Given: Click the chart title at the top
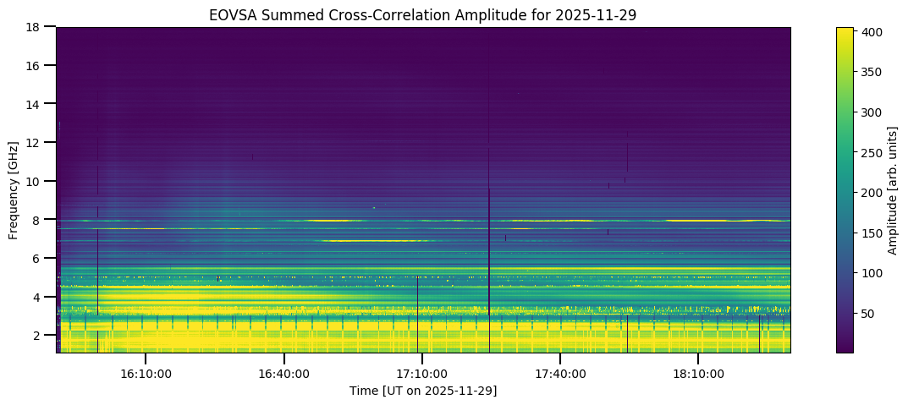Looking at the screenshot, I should point(423,14).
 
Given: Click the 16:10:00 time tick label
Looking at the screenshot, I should point(146,373).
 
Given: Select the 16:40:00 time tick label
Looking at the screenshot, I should point(283,373).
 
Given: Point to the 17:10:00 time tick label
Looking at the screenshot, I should point(421,373).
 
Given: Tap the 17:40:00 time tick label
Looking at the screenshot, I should point(559,373).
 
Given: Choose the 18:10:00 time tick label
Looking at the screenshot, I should point(697,373).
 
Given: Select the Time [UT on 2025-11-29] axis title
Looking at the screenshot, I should point(423,391).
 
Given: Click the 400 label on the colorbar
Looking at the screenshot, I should point(873,32).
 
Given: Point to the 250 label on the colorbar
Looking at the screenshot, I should point(873,152).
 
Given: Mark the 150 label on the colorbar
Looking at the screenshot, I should point(873,233).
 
